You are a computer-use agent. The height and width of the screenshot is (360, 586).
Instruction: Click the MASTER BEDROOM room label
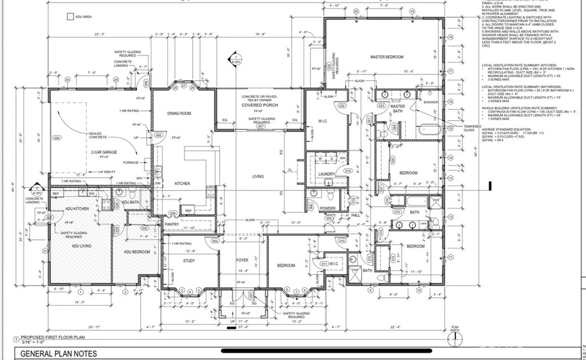[387, 57]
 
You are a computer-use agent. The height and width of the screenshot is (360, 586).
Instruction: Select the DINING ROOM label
[179, 113]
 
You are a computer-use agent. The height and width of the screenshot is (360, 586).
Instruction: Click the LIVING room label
[258, 176]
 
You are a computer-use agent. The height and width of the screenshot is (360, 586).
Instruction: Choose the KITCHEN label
[182, 183]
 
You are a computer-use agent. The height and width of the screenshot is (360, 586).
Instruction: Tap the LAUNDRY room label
[327, 174]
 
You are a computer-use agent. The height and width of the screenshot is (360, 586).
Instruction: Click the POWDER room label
[327, 208]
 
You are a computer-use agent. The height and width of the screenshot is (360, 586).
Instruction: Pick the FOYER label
[242, 260]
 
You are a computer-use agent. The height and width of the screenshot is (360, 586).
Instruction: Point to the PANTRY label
[172, 224]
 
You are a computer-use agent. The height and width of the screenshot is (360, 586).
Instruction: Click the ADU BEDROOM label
[137, 252]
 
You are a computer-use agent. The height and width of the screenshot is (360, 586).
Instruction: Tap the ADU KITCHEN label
[77, 209]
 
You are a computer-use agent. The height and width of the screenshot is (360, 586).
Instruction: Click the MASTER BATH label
[398, 109]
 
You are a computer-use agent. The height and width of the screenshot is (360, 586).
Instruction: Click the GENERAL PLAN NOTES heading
[59, 354]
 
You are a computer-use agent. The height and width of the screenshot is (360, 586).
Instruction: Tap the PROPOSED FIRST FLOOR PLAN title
[53, 338]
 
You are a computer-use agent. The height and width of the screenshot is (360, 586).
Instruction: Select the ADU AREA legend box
[70, 17]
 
